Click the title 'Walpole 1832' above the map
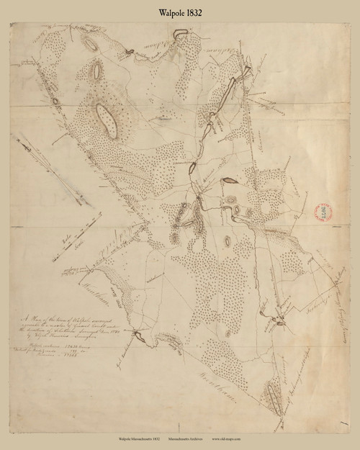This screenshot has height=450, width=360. (x=180, y=13)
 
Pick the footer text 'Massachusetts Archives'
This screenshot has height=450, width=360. (x=199, y=438)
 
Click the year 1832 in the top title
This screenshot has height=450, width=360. (x=196, y=13)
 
